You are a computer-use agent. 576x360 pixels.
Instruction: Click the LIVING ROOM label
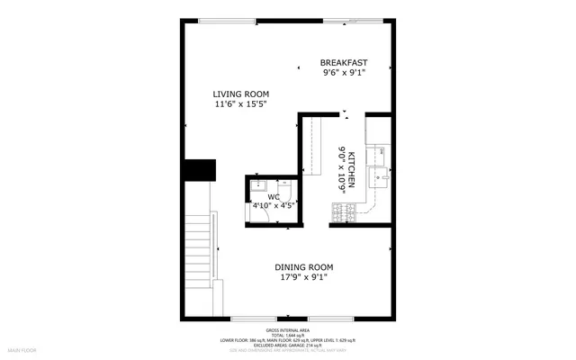coord(240,94)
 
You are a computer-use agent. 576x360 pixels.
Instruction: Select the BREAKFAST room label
coord(344,62)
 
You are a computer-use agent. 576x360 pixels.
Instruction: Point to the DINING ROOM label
coord(303,266)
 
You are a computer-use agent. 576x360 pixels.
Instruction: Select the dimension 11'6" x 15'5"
coord(240,105)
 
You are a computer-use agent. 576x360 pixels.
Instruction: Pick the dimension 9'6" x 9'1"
coord(344,73)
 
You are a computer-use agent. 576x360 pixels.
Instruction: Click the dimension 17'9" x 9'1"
coord(303,277)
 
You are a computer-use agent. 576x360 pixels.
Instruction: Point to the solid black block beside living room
coord(199,169)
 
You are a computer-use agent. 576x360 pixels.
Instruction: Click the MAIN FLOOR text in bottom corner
coord(23,348)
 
